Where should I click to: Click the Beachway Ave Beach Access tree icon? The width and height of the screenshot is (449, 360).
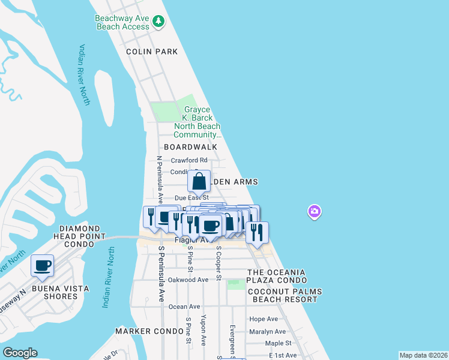coord(158,22)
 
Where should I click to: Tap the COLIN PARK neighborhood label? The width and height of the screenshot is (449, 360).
coord(152,52)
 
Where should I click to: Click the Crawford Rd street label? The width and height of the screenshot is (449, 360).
coord(188,160)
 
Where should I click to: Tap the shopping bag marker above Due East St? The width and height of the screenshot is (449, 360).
coord(199,181)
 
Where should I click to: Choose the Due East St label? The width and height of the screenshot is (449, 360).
coord(191,197)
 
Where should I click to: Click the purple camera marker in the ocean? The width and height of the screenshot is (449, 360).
coord(315,211)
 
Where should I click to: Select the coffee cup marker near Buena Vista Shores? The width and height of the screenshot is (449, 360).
coord(42,266)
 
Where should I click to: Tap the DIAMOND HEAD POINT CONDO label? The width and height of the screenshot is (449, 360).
coord(80,233)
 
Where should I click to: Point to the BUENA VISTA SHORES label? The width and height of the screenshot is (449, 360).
coord(61,292)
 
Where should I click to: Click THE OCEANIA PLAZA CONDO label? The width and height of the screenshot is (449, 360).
coord(276,277)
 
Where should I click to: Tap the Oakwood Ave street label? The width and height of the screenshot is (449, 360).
coord(188,280)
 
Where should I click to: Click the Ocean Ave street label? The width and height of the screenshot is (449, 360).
coord(184,307)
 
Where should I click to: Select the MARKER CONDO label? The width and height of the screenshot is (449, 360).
coord(149,331)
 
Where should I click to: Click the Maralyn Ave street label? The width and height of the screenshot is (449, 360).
coord(267,331)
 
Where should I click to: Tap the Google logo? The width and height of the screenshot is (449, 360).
coord(20,353)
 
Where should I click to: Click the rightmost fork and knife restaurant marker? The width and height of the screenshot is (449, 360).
coord(257,232)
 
